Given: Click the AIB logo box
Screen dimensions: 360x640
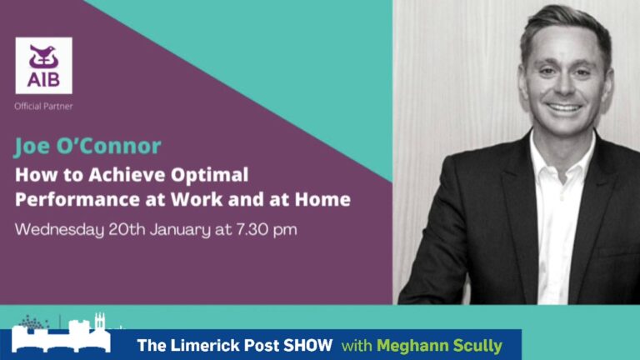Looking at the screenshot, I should (x=43, y=65).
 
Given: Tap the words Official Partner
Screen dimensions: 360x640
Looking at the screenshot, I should (x=43, y=107).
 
